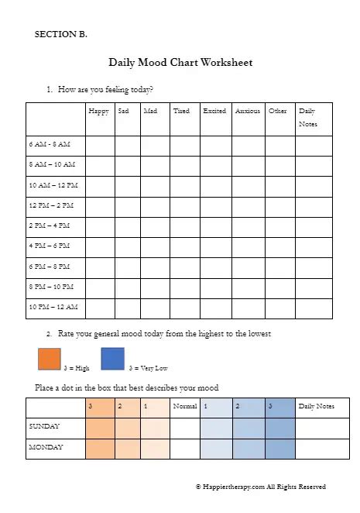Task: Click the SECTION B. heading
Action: click(x=61, y=34)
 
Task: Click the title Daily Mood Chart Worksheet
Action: click(x=180, y=62)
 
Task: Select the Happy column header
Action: click(x=98, y=111)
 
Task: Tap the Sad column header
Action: click(x=124, y=111)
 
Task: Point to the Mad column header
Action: click(x=150, y=111)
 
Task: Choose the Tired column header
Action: click(x=181, y=111)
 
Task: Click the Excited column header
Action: click(x=214, y=111)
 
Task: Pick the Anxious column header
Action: click(x=248, y=111)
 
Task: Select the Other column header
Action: click(x=278, y=111)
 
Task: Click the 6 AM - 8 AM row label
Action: click(x=49, y=145)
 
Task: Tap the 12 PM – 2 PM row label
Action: click(x=51, y=205)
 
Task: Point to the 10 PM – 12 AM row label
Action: click(x=53, y=307)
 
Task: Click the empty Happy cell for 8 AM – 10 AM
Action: click(x=100, y=165)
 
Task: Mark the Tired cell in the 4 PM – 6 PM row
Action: click(x=184, y=246)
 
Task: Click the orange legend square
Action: click(x=49, y=360)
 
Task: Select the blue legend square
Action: click(x=112, y=360)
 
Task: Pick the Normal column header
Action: click(x=184, y=406)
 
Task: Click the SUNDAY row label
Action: click(x=45, y=426)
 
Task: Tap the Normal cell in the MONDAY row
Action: click(x=184, y=448)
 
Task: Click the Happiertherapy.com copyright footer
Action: click(x=260, y=487)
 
